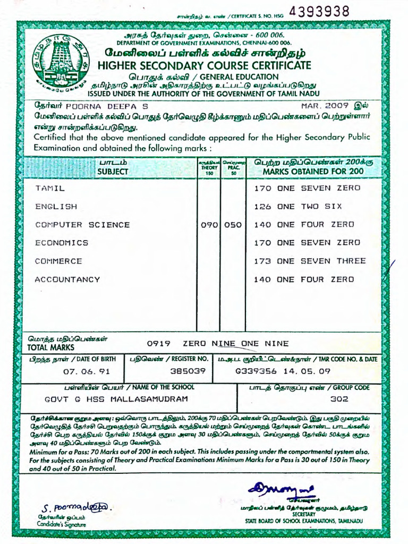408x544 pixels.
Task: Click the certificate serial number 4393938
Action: [319, 12]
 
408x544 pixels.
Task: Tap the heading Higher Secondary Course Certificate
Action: [205, 65]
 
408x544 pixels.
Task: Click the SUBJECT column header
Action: [113, 172]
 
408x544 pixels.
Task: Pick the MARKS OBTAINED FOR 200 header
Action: [313, 172]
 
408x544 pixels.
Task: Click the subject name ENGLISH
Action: [56, 206]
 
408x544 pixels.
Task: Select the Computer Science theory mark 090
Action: [209, 225]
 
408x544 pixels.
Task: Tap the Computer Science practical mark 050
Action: [233, 225]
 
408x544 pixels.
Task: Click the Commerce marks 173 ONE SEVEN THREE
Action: [310, 261]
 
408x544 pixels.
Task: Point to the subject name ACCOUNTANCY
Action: [67, 279]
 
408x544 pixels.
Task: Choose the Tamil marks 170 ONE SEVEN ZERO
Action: [307, 188]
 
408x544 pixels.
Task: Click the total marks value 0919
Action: [157, 344]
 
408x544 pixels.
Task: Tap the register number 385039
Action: [188, 371]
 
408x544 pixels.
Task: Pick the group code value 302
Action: [338, 399]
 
